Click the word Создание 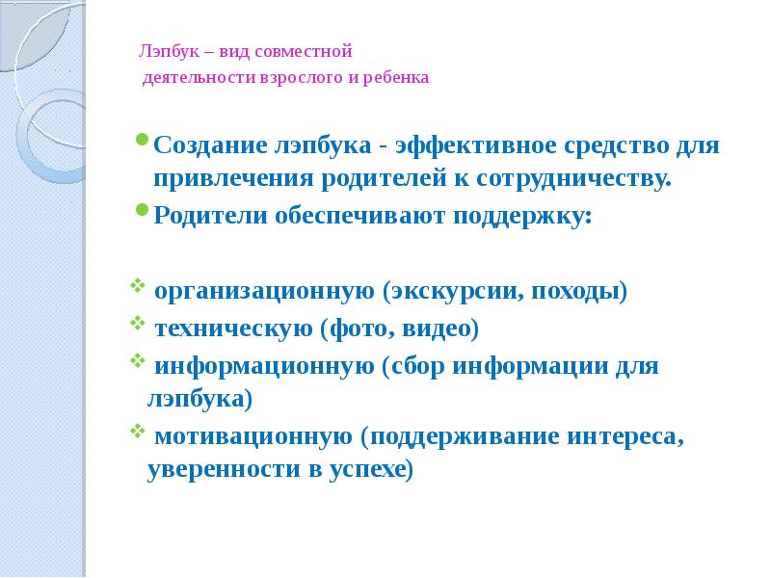[211, 147]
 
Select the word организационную [263, 291]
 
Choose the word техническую [233, 328]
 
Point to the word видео [443, 328]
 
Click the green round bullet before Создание [143, 140]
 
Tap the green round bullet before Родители [143, 209]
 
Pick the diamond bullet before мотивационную [134, 433]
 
